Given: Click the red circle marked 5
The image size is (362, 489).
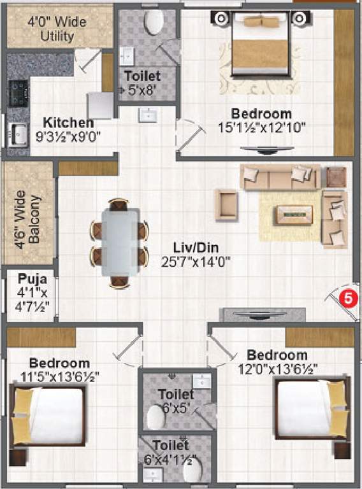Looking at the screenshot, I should (x=346, y=297).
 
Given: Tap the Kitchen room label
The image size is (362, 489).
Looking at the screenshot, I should (x=68, y=122).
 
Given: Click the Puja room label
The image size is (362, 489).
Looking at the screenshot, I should (x=31, y=278).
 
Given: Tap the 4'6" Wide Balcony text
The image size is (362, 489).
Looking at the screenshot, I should (x=28, y=213).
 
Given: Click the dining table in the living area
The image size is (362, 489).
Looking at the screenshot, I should (x=120, y=243).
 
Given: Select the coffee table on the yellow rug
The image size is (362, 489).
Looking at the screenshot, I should (x=293, y=215).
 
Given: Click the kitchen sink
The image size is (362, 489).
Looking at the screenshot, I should (x=17, y=134).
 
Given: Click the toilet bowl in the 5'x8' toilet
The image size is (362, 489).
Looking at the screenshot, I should (x=154, y=22).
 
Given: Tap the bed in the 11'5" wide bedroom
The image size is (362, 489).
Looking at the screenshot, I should (x=50, y=416).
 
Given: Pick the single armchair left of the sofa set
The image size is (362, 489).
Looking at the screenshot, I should (x=226, y=204).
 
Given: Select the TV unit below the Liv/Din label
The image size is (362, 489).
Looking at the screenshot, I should (x=262, y=315).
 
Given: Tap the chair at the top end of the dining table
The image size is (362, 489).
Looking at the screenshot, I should (x=119, y=205).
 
